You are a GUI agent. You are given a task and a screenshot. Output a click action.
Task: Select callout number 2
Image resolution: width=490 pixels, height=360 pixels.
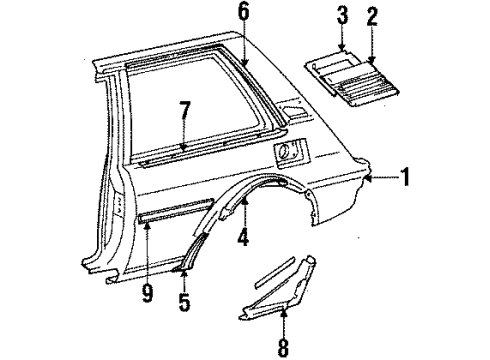(x=373, y=17)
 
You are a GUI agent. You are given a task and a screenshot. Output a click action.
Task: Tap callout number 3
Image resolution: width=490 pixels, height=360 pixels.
(x=342, y=17)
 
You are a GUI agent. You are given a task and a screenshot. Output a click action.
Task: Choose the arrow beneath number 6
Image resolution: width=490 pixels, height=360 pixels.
(x=242, y=45)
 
